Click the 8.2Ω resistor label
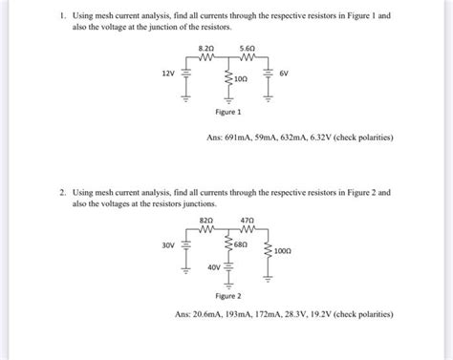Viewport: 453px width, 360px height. [x=205, y=47]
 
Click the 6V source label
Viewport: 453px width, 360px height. [x=284, y=73]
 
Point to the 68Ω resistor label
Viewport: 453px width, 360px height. [x=243, y=244]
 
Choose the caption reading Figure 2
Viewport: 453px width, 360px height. [x=226, y=296]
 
